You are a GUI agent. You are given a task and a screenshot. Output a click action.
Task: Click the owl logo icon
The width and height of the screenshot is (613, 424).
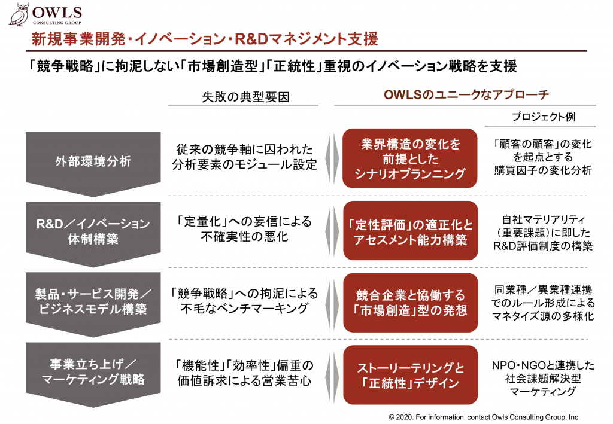pos(19,14)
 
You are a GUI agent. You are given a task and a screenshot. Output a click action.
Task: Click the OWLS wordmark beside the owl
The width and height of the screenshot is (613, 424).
pos(57,13)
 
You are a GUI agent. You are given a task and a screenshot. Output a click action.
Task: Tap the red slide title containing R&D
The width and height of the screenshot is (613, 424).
pos(205,39)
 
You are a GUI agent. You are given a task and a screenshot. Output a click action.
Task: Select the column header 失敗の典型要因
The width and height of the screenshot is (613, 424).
pos(245,97)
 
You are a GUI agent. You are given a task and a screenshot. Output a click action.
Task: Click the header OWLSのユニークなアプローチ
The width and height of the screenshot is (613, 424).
pos(466,94)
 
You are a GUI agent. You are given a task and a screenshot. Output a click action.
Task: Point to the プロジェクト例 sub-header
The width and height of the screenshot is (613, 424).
pos(544,117)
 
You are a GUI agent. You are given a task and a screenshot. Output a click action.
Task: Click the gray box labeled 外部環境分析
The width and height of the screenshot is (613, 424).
pos(93,164)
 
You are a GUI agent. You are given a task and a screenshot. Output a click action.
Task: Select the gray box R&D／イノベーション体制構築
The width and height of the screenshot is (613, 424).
pos(93,234)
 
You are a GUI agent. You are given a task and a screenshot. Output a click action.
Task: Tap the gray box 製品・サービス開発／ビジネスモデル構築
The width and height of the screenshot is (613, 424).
pos(93,304)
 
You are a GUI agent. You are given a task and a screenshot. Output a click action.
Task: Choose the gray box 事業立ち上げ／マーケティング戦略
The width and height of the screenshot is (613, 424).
pos(93,375)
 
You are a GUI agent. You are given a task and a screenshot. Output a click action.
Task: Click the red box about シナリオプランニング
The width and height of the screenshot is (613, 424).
pos(409,158)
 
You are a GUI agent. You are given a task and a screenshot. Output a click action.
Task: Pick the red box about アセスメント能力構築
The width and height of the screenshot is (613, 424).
pos(411,231)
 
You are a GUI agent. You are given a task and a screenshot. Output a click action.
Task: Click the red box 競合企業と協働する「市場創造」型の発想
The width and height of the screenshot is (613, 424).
pos(411,303)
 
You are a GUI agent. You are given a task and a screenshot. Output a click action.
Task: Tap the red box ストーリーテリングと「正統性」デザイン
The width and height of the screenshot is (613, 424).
pos(411,375)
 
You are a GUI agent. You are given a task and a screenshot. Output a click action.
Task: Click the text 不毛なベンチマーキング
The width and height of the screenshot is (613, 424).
pos(245,309)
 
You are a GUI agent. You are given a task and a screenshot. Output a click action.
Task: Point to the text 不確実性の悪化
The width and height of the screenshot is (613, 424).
pos(245,237)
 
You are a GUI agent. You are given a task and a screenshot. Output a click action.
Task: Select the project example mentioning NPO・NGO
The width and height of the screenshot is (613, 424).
pos(543,378)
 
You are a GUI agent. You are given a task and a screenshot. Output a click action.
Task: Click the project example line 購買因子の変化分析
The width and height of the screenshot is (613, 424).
pos(543,170)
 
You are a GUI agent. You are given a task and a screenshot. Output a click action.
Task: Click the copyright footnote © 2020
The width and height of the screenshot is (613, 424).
pos(484,417)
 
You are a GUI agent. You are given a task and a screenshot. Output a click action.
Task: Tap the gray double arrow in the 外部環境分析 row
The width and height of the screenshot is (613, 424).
pos(332,159)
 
